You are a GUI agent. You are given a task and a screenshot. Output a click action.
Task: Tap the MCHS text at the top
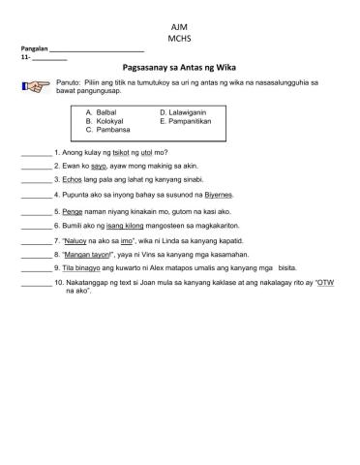pyautogui.click(x=180, y=36)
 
